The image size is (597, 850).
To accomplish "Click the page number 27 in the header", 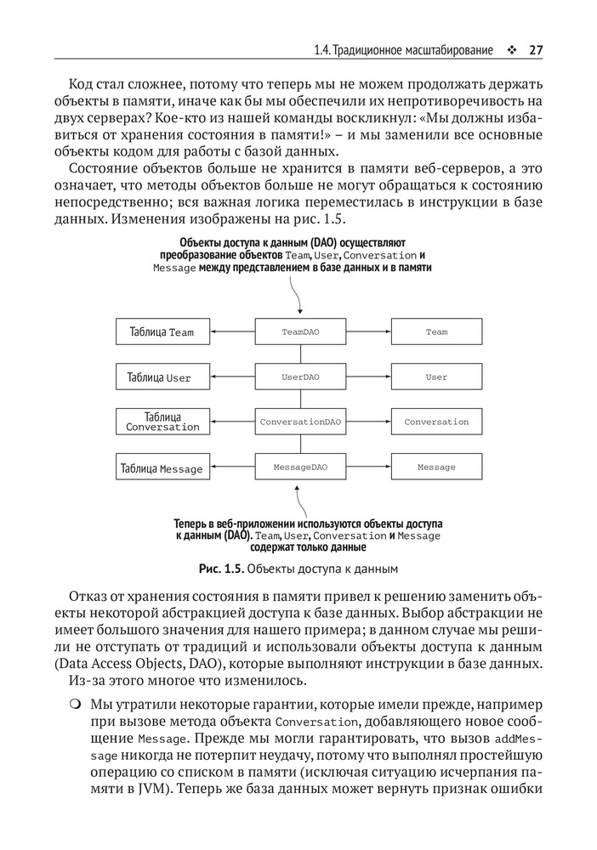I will (x=535, y=50).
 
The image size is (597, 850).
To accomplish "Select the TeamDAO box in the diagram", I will (x=300, y=331).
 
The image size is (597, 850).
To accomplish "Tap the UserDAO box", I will (x=300, y=377).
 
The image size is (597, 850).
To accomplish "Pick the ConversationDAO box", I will (x=300, y=422).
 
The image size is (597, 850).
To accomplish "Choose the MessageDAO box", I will (x=300, y=467).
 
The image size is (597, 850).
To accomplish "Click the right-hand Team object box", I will (x=436, y=331).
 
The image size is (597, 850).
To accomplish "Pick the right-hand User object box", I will (x=436, y=377).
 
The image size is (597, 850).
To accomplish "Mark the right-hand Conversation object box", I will (x=436, y=422).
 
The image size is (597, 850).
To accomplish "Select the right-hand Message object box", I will (x=436, y=467).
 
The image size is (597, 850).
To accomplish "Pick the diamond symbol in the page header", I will (x=511, y=50).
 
